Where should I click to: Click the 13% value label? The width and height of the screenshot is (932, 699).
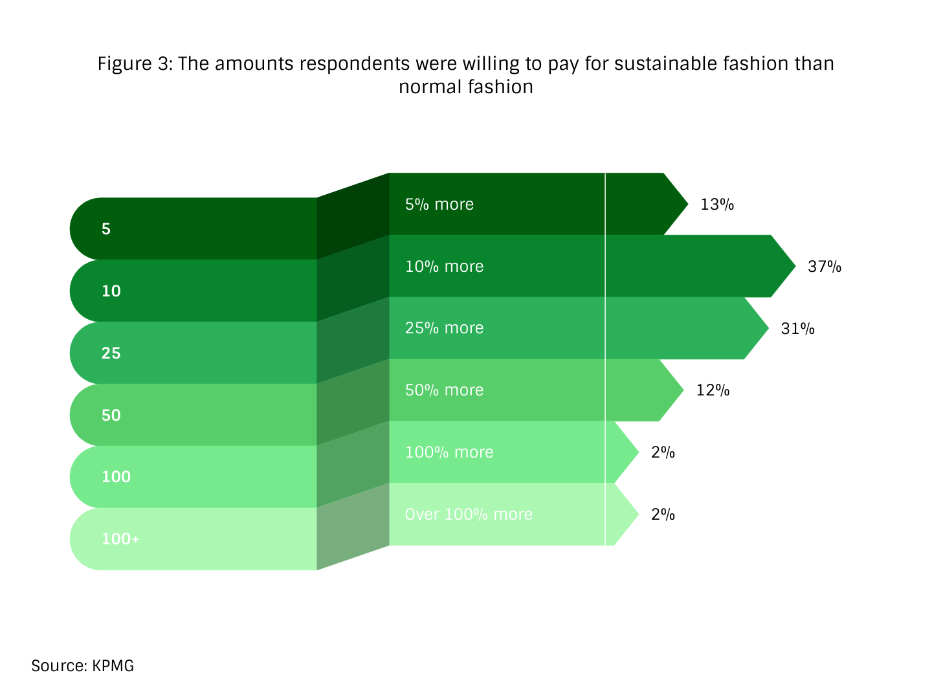coord(716,205)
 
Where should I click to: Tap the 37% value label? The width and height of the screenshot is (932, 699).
coord(824,267)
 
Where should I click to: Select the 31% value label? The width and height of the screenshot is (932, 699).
coord(797,329)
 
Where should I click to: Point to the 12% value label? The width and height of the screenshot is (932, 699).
coord(713,390)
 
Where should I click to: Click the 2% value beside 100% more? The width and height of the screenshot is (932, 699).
coord(663,452)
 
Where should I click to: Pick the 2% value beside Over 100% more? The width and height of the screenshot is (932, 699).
coord(663,515)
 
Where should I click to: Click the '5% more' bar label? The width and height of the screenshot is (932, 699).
coord(439,205)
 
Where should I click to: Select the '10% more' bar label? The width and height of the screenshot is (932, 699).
coord(444,267)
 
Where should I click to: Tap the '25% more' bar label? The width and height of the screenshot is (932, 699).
coord(444,328)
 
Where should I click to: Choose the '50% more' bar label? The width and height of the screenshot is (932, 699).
coord(444,390)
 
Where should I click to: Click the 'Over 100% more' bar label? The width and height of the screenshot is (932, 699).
coord(469,515)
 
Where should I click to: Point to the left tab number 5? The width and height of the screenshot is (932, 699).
coord(106,229)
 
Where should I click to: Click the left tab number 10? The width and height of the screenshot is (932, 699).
coord(111,291)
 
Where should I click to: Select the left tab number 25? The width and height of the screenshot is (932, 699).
coord(111,353)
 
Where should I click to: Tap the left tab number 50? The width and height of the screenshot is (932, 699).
coord(111,416)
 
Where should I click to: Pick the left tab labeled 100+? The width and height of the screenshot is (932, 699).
coord(120,539)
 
